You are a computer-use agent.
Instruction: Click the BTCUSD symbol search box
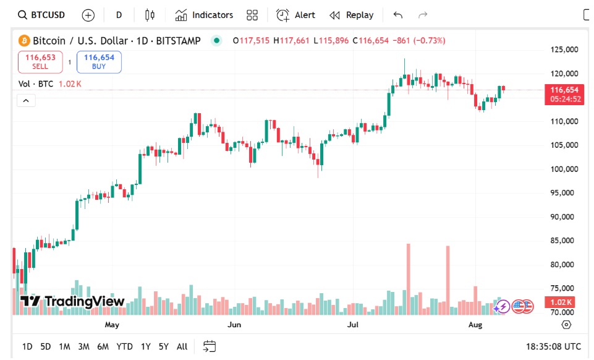pyautogui.click(x=42, y=15)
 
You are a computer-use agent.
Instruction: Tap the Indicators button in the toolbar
pyautogui.click(x=204, y=15)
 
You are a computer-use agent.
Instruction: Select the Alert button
pyautogui.click(x=296, y=15)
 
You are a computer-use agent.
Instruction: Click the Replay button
pyautogui.click(x=352, y=15)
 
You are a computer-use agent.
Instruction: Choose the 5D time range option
pyautogui.click(x=46, y=346)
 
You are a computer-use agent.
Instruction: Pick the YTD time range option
pyautogui.click(x=124, y=346)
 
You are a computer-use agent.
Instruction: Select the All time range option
pyautogui.click(x=182, y=346)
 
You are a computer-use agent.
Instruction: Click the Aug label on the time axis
pyautogui.click(x=475, y=324)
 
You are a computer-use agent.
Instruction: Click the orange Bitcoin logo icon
pyautogui.click(x=24, y=41)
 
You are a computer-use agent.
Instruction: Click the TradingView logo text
pyautogui.click(x=72, y=302)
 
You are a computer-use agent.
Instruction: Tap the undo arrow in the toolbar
pyautogui.click(x=397, y=15)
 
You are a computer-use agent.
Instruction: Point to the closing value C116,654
pyautogui.click(x=371, y=41)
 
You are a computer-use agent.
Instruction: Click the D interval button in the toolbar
pyautogui.click(x=119, y=15)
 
